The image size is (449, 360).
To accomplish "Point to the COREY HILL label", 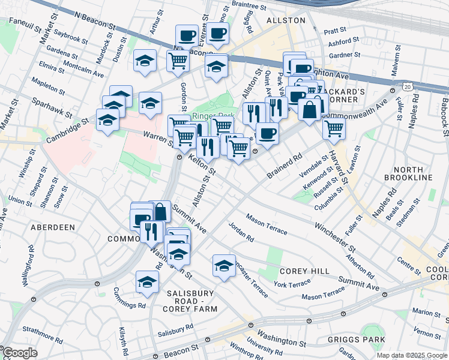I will [304, 271].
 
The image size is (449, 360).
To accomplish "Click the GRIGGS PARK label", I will [356, 340].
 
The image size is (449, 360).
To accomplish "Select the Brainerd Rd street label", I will [284, 166].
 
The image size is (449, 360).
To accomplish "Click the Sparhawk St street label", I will [52, 107].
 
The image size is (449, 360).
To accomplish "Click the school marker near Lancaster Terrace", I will [224, 265].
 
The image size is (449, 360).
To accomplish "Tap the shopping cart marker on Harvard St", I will [334, 127].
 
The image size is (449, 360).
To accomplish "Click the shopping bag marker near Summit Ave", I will [160, 211].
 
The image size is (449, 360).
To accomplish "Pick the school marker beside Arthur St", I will [144, 60].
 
